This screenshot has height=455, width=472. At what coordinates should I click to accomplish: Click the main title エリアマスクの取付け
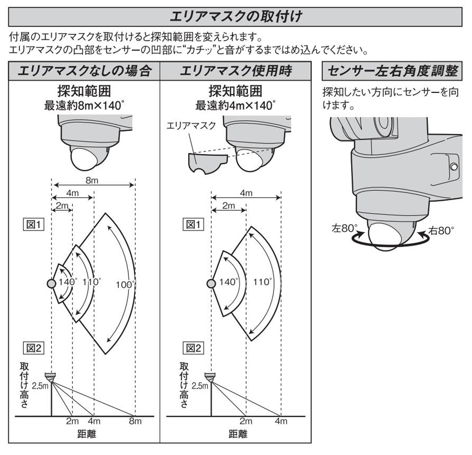click(235, 17)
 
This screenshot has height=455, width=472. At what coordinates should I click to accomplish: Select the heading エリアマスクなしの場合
click(84, 71)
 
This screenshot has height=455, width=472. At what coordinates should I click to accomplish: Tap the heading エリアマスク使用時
click(236, 71)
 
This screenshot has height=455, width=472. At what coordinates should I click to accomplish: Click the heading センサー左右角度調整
click(392, 71)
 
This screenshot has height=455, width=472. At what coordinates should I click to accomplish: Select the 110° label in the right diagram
click(262, 282)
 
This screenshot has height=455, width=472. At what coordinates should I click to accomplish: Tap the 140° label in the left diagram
click(67, 282)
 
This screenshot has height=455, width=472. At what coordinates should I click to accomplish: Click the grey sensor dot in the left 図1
click(51, 284)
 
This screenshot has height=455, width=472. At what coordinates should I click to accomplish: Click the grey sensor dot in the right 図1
click(211, 284)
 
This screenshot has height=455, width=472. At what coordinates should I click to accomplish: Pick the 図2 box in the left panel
click(34, 348)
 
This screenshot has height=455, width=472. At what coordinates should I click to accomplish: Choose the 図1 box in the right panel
click(193, 225)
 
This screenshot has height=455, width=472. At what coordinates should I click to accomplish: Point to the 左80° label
click(345, 228)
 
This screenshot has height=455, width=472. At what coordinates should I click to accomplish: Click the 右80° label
click(441, 231)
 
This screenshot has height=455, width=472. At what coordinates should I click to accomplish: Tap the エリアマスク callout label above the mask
click(191, 126)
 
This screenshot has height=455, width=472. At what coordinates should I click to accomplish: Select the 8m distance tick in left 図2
click(135, 421)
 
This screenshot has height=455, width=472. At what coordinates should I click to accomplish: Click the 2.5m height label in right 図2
click(200, 385)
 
